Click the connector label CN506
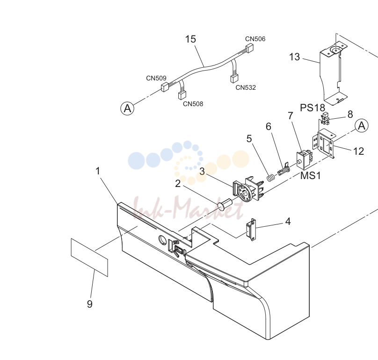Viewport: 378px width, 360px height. pos(255,39)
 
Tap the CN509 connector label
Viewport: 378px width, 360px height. pos(156,78)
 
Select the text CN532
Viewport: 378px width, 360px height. pos(246,87)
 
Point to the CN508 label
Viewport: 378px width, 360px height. pos(193,104)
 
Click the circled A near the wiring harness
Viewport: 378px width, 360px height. pos(127,108)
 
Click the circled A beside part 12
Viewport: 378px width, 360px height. pos(362,126)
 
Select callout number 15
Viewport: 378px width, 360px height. pos(190,39)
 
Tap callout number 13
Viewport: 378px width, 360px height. pos(294,57)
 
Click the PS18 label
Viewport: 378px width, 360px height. pos(313,108)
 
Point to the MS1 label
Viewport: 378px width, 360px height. pos(311,176)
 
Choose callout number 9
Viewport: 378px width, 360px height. pos(90,304)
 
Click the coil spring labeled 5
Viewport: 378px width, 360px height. pos(271,178)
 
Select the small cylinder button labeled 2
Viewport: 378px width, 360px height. pos(225,205)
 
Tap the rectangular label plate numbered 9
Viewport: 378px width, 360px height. pos(89,257)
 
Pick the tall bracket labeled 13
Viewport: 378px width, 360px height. pos(334,75)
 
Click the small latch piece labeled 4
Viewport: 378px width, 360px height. pos(251,230)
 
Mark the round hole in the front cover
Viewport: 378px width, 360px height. pos(162,239)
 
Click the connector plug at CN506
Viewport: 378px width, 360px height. pos(249,48)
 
